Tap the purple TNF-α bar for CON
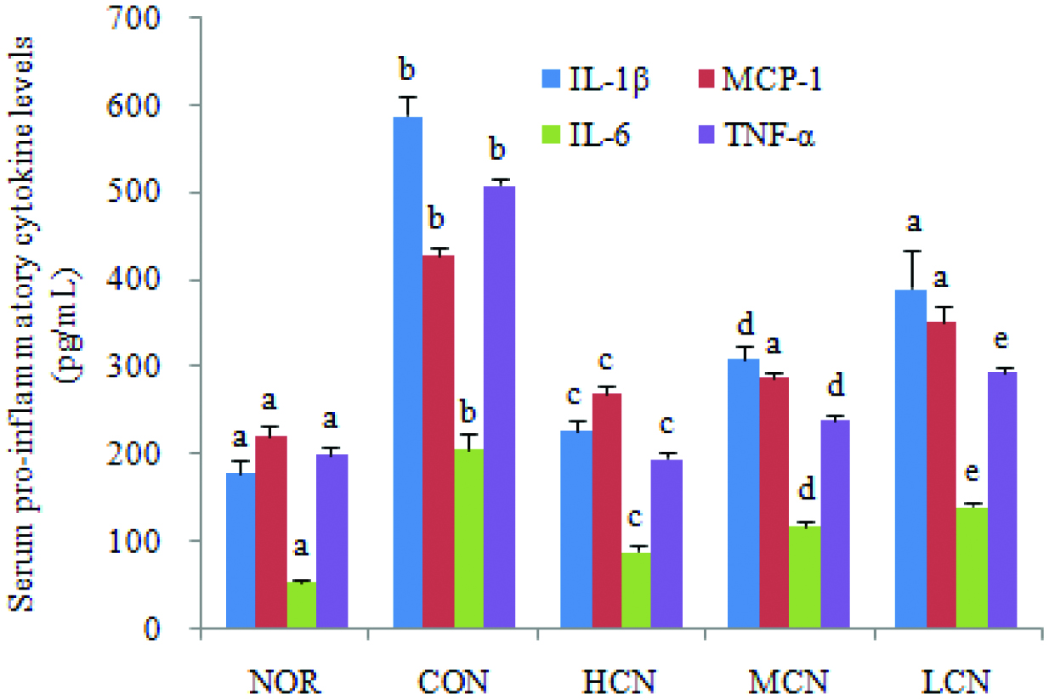[x=500, y=407]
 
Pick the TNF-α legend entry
[x=758, y=136]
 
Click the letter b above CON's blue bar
[x=407, y=67]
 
